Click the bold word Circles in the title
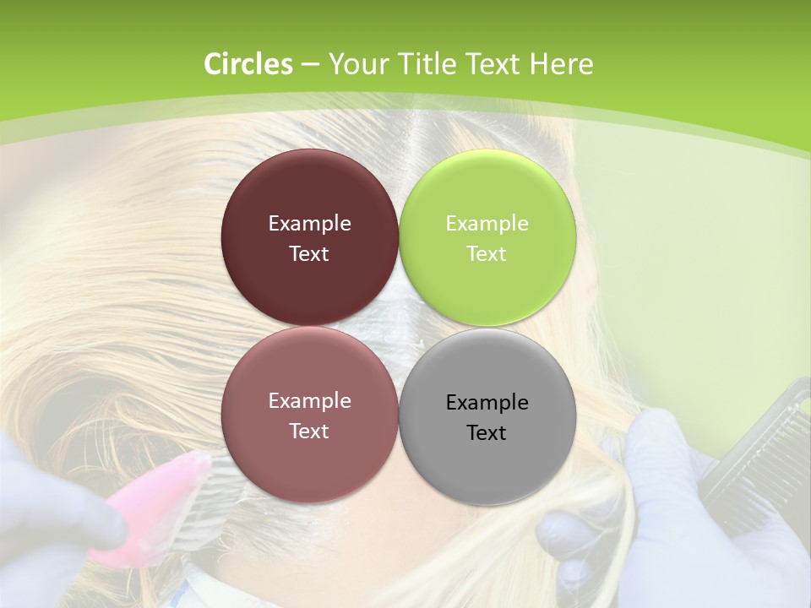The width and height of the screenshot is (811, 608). (x=248, y=64)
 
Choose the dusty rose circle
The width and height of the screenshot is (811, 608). (x=309, y=460)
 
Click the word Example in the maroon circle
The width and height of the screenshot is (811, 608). (x=309, y=224)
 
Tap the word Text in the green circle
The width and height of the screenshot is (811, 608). (x=487, y=254)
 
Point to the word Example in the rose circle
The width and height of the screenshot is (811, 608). (x=309, y=401)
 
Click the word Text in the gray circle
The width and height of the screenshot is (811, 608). (x=487, y=433)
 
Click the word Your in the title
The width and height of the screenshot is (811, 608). (x=355, y=64)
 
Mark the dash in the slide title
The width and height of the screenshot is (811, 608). (x=309, y=64)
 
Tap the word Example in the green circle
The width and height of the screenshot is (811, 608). (x=487, y=224)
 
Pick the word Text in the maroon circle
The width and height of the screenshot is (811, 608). (x=309, y=254)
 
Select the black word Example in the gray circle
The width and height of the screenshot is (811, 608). (x=487, y=403)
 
